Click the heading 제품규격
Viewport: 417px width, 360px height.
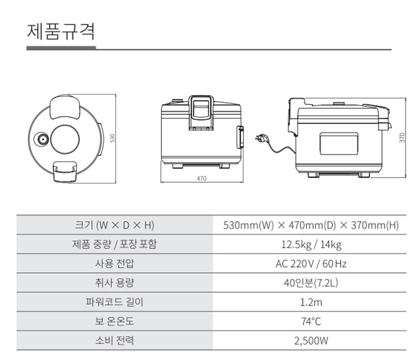pos(61,32)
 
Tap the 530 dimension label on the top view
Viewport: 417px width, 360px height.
pos(112,138)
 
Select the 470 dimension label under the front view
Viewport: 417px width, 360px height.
pos(201,179)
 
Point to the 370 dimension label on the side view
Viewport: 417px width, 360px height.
pos(402,138)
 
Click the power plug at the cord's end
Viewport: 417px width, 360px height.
pos(261,138)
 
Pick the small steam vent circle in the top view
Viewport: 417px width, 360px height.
pos(42,139)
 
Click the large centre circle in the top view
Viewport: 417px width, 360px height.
pos(65,139)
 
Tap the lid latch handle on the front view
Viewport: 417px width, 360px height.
pos(201,113)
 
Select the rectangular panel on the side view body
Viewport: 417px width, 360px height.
pos(338,143)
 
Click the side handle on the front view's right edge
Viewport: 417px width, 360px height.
pos(241,137)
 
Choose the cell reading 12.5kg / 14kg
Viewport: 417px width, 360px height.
pos(311,244)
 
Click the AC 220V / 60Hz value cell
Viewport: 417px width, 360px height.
pos(311,263)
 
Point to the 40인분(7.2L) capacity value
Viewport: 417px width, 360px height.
pos(311,283)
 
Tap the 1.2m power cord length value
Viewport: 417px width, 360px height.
pos(311,302)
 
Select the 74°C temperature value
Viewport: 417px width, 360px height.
pos(311,321)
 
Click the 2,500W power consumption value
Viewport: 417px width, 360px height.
pos(311,341)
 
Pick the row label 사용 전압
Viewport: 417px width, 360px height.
pos(114,263)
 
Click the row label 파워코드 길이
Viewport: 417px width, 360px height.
pos(114,302)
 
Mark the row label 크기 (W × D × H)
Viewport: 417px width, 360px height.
pos(114,225)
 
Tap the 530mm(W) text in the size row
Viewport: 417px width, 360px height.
pos(248,225)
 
